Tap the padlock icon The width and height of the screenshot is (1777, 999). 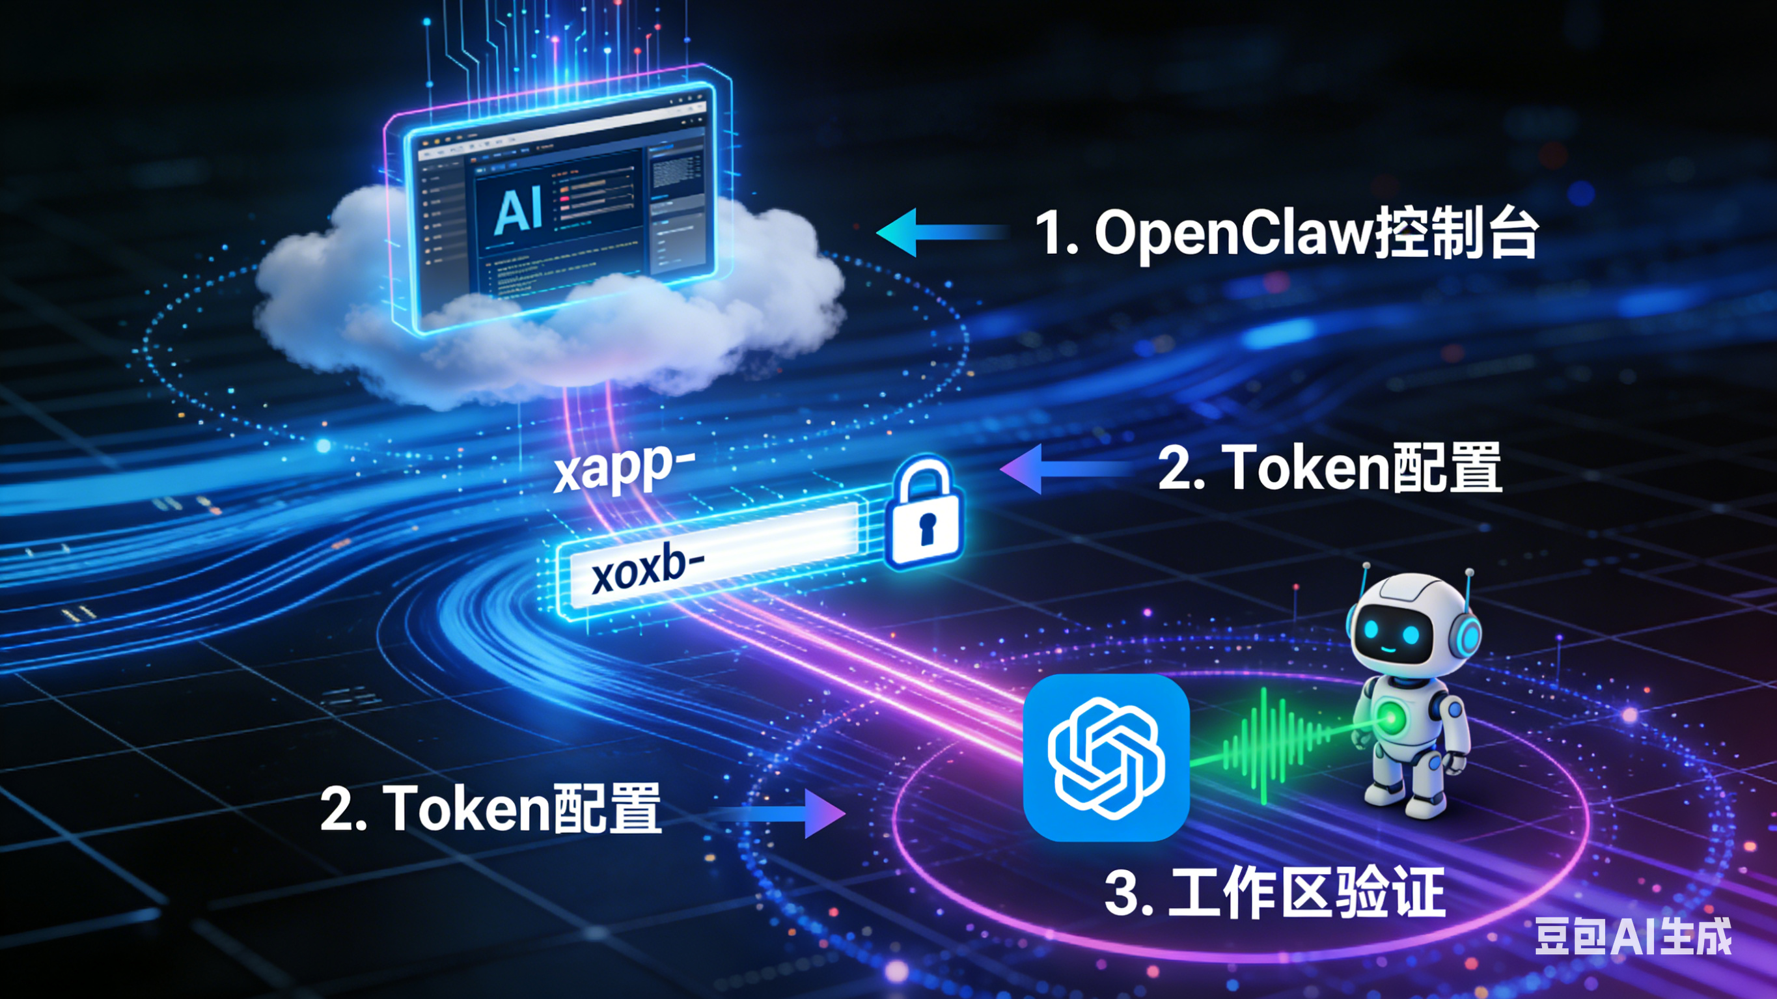coord(923,514)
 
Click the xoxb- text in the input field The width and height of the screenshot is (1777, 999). coord(647,570)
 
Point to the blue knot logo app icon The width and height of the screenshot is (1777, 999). coord(1106,758)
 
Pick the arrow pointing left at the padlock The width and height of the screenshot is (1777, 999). coord(1066,469)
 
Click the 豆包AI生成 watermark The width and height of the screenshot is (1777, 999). coord(1632,937)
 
